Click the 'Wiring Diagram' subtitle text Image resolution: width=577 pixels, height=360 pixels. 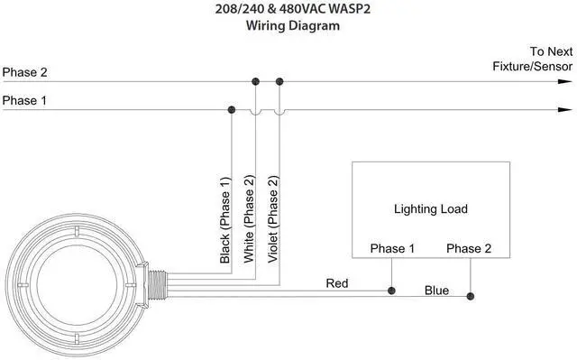click(x=292, y=26)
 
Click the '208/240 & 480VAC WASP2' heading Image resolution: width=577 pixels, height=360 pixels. click(x=292, y=8)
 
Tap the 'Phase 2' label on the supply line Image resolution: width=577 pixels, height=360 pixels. click(x=24, y=72)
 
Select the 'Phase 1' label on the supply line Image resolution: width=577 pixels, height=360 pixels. click(x=24, y=100)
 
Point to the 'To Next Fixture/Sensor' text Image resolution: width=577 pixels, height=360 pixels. click(x=533, y=59)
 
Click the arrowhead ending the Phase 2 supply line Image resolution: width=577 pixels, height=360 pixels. click(x=565, y=81)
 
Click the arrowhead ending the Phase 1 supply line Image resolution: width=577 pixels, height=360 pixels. click(x=565, y=110)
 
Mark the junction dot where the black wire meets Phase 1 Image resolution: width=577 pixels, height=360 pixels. click(x=232, y=110)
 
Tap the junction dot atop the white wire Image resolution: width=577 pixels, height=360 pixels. click(x=255, y=81)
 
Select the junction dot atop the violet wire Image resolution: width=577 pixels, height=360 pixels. click(x=279, y=81)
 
